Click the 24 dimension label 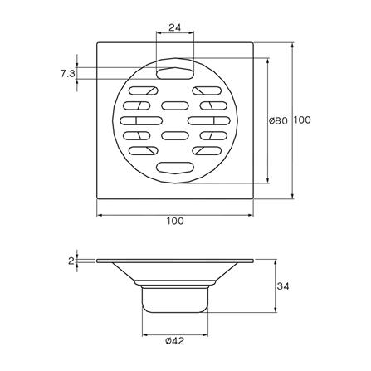pyautogui.click(x=174, y=27)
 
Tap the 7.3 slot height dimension pyautogui.click(x=67, y=74)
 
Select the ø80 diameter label pyautogui.click(x=278, y=120)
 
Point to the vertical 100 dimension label pyautogui.click(x=302, y=120)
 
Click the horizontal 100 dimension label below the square pyautogui.click(x=175, y=221)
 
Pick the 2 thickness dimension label pyautogui.click(x=71, y=261)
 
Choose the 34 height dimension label pyautogui.click(x=283, y=286)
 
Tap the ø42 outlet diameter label pyautogui.click(x=175, y=341)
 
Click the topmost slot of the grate pyautogui.click(x=175, y=74)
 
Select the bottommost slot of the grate pyautogui.click(x=175, y=168)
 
